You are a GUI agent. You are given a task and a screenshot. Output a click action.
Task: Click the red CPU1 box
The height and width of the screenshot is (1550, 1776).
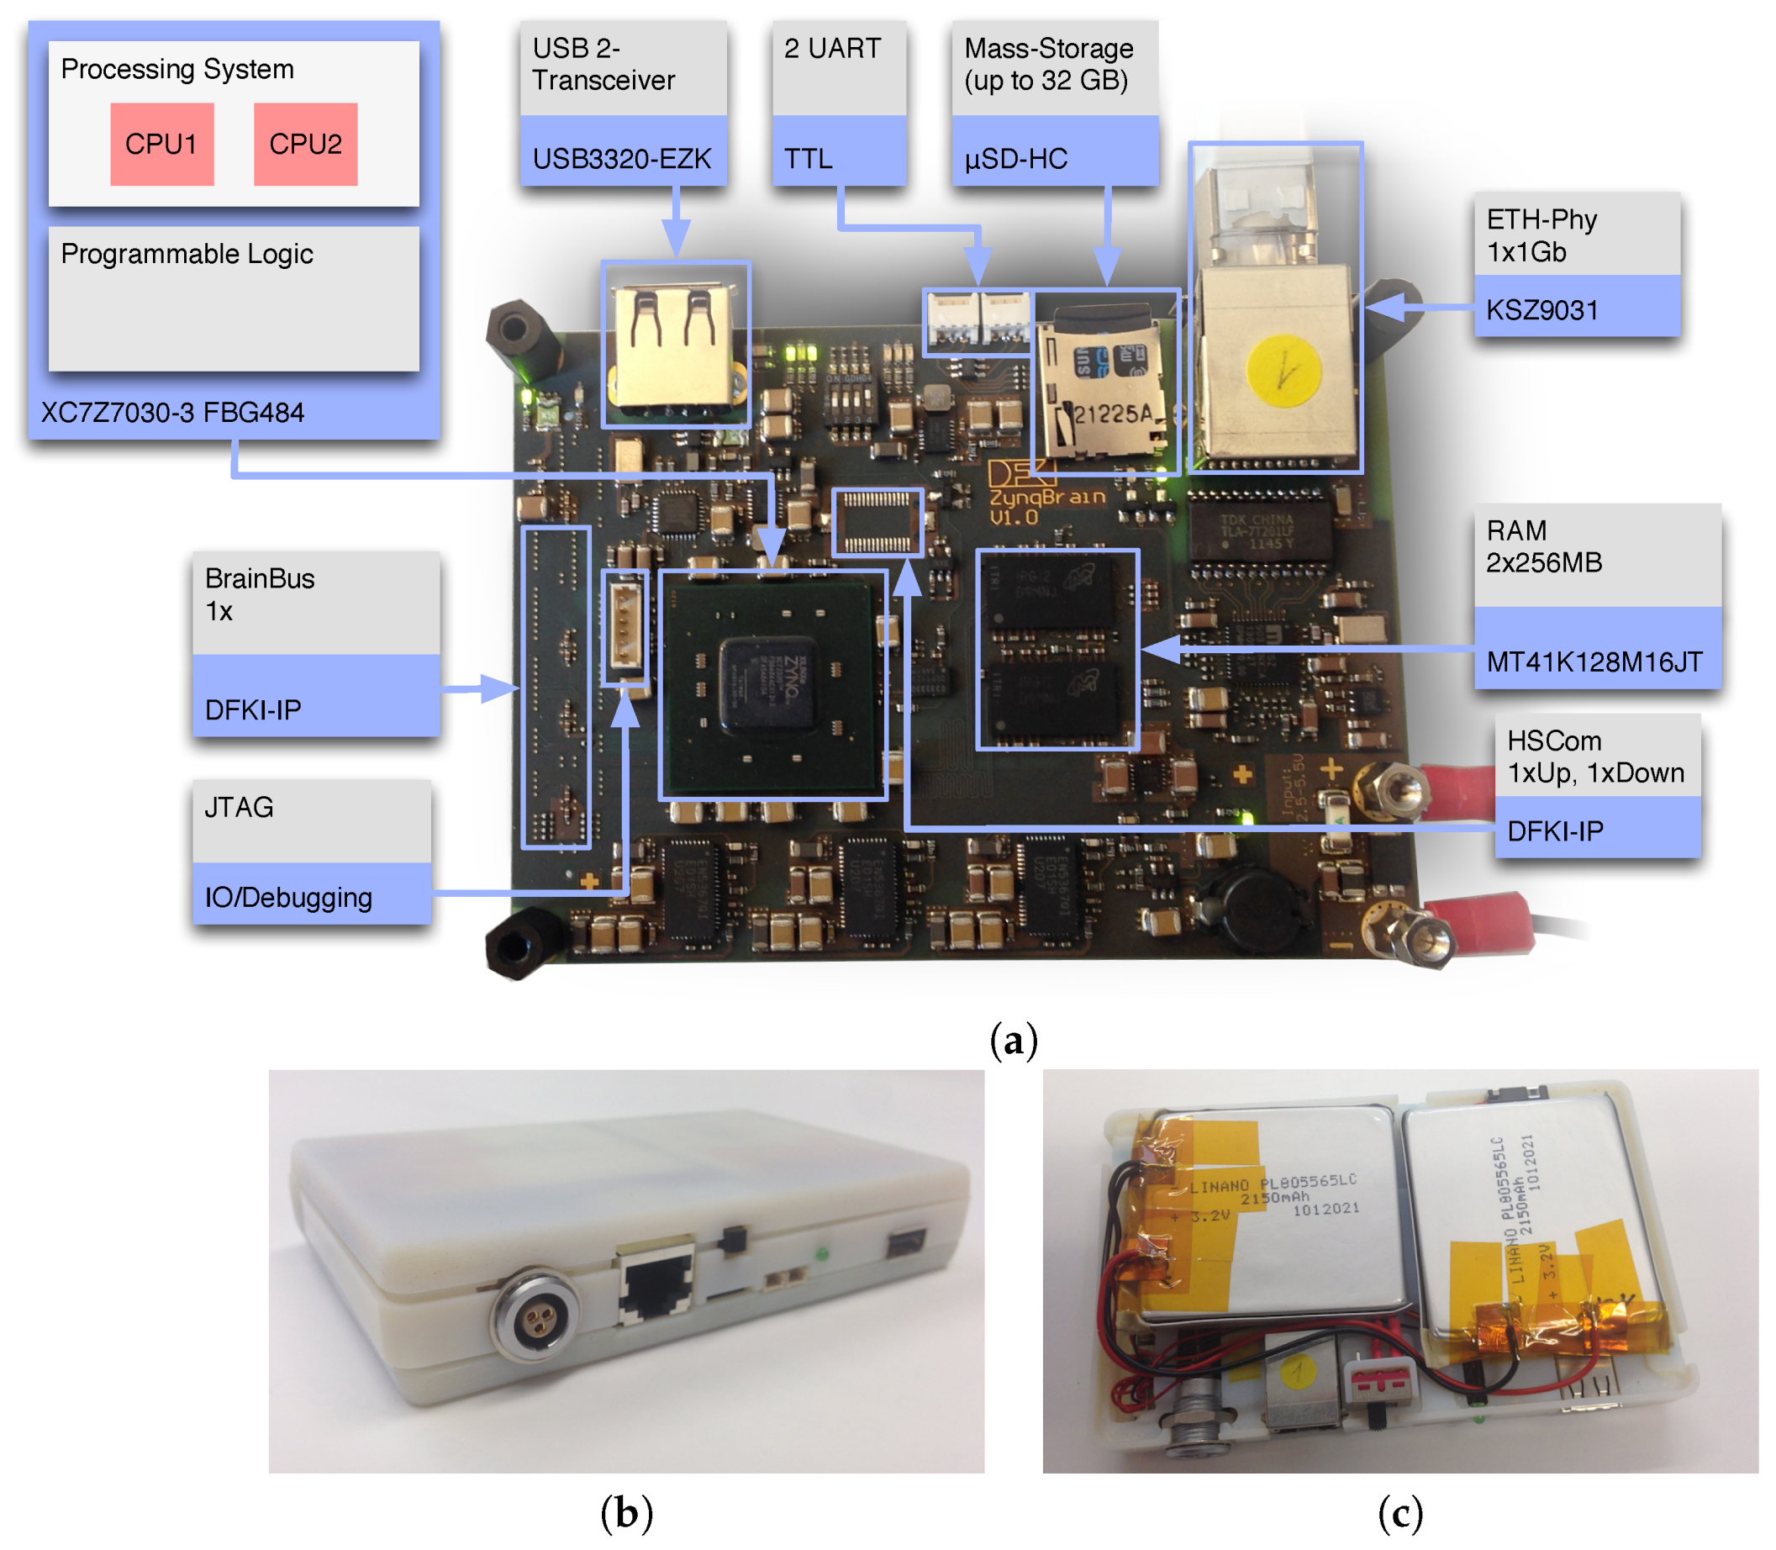(x=161, y=144)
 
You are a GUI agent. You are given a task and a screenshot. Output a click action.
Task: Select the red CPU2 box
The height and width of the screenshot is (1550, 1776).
(x=305, y=144)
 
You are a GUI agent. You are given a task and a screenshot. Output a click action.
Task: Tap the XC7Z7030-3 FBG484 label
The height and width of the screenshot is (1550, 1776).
(x=173, y=413)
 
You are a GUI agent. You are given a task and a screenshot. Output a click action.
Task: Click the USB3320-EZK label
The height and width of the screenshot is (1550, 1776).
(x=622, y=158)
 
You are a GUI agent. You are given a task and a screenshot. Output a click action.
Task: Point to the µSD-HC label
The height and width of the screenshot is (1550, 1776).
(x=1015, y=158)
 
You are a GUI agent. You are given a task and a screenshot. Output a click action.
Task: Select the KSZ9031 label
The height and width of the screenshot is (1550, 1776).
(x=1541, y=309)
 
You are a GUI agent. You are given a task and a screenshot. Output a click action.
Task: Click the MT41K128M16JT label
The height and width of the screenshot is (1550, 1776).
(x=1594, y=662)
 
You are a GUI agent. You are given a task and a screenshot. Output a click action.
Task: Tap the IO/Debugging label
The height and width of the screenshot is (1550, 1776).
(x=288, y=897)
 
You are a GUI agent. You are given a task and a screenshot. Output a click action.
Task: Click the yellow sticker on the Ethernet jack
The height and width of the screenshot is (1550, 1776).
(x=1283, y=370)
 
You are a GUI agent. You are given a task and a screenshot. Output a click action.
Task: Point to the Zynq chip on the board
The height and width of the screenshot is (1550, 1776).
(x=768, y=683)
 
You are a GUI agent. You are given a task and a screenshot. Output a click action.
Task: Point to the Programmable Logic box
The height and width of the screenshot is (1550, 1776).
(x=234, y=298)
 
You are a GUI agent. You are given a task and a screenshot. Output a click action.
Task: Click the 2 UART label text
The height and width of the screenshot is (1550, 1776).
(x=832, y=49)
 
